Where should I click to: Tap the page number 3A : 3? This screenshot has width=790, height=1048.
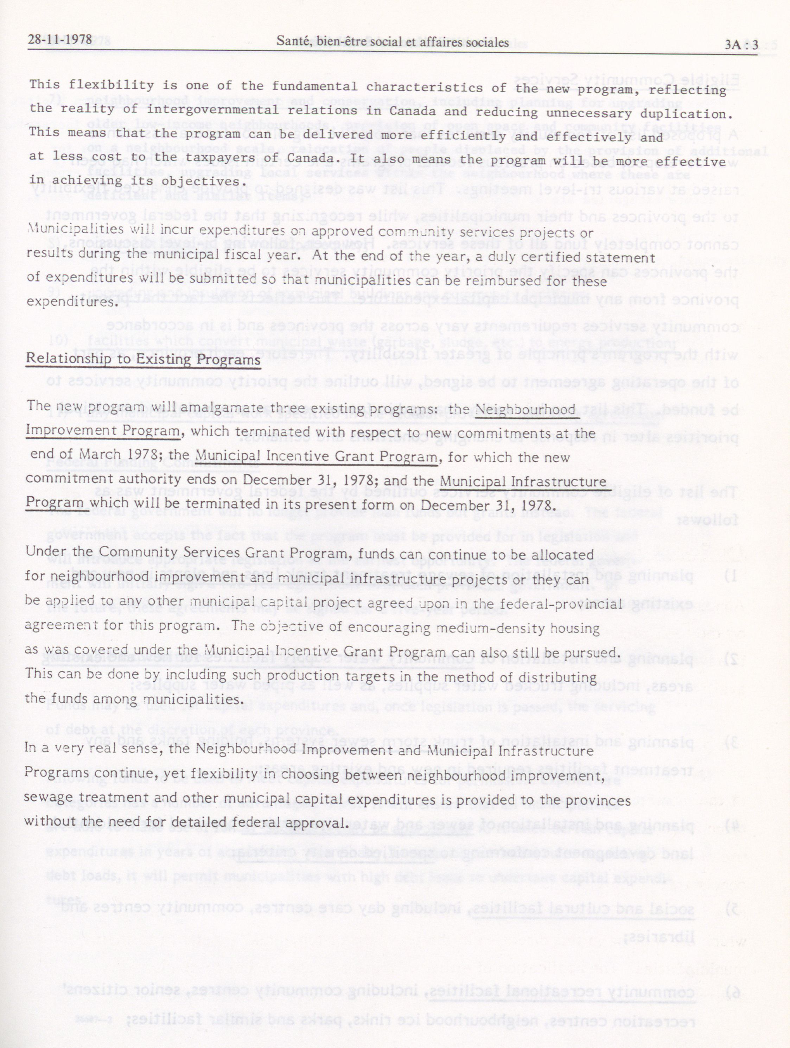coord(741,45)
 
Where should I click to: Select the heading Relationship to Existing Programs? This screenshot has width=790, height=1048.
coord(143,359)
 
